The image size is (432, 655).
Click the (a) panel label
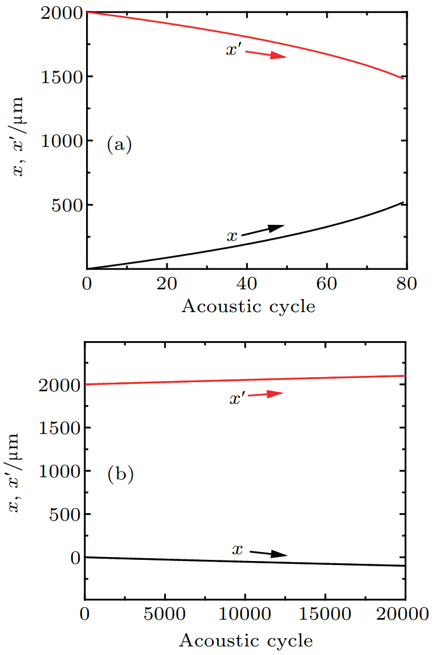point(119,145)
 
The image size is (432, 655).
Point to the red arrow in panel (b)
point(264,394)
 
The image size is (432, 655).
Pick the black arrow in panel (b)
point(268,553)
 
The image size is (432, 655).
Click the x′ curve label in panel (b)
point(238,399)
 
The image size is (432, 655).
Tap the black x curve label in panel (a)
point(232,236)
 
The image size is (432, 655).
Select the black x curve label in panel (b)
point(238,550)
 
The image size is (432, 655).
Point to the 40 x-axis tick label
point(247,283)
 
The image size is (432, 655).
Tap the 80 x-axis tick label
point(406,283)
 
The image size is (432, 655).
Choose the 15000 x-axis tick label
point(325,616)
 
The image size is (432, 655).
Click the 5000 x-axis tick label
point(165,616)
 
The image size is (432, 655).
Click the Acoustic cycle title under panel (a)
point(248,306)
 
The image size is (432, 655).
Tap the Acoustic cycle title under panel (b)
point(246,641)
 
